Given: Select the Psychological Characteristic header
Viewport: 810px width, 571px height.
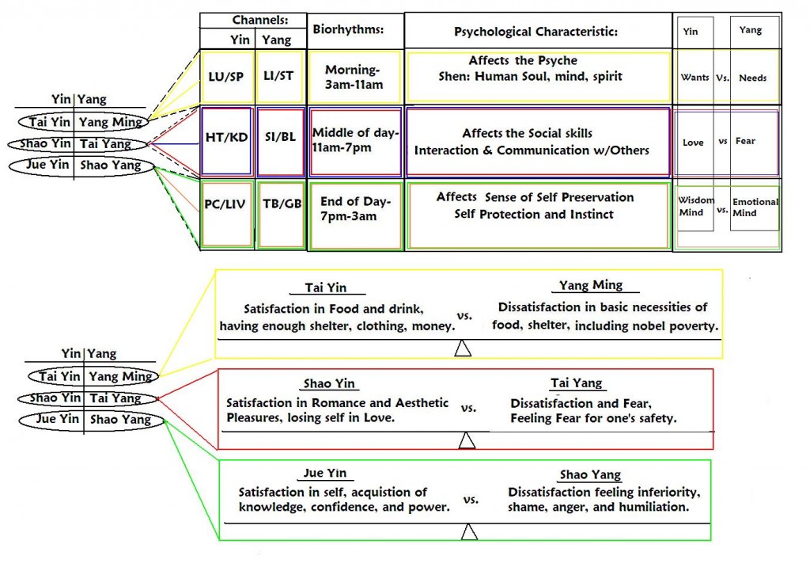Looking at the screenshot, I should click(536, 32).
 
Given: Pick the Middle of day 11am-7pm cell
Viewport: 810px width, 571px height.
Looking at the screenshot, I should click(355, 140).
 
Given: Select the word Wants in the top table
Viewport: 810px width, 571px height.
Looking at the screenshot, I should click(695, 78).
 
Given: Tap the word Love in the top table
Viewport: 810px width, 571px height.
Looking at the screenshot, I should click(693, 142).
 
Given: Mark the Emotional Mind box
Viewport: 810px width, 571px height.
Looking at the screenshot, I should click(755, 207).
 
